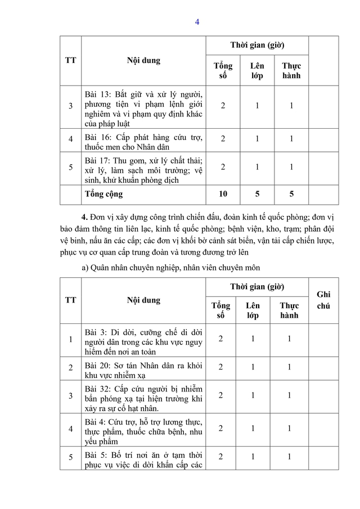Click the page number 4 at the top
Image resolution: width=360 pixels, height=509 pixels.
[197, 22]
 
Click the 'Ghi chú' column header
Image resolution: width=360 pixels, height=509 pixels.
[323, 300]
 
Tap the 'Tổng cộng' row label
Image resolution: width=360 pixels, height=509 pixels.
[103, 194]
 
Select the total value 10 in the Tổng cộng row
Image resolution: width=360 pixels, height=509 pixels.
[223, 194]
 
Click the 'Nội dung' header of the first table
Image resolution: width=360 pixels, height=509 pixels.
[143, 60]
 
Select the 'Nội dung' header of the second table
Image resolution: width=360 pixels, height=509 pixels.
[143, 300]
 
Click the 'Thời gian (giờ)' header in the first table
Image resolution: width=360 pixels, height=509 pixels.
[256, 45]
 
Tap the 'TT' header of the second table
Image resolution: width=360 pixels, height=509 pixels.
[70, 300]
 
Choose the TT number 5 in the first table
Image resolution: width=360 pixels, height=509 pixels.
[70, 167]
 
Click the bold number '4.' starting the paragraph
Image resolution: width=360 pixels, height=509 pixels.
[85, 217]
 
